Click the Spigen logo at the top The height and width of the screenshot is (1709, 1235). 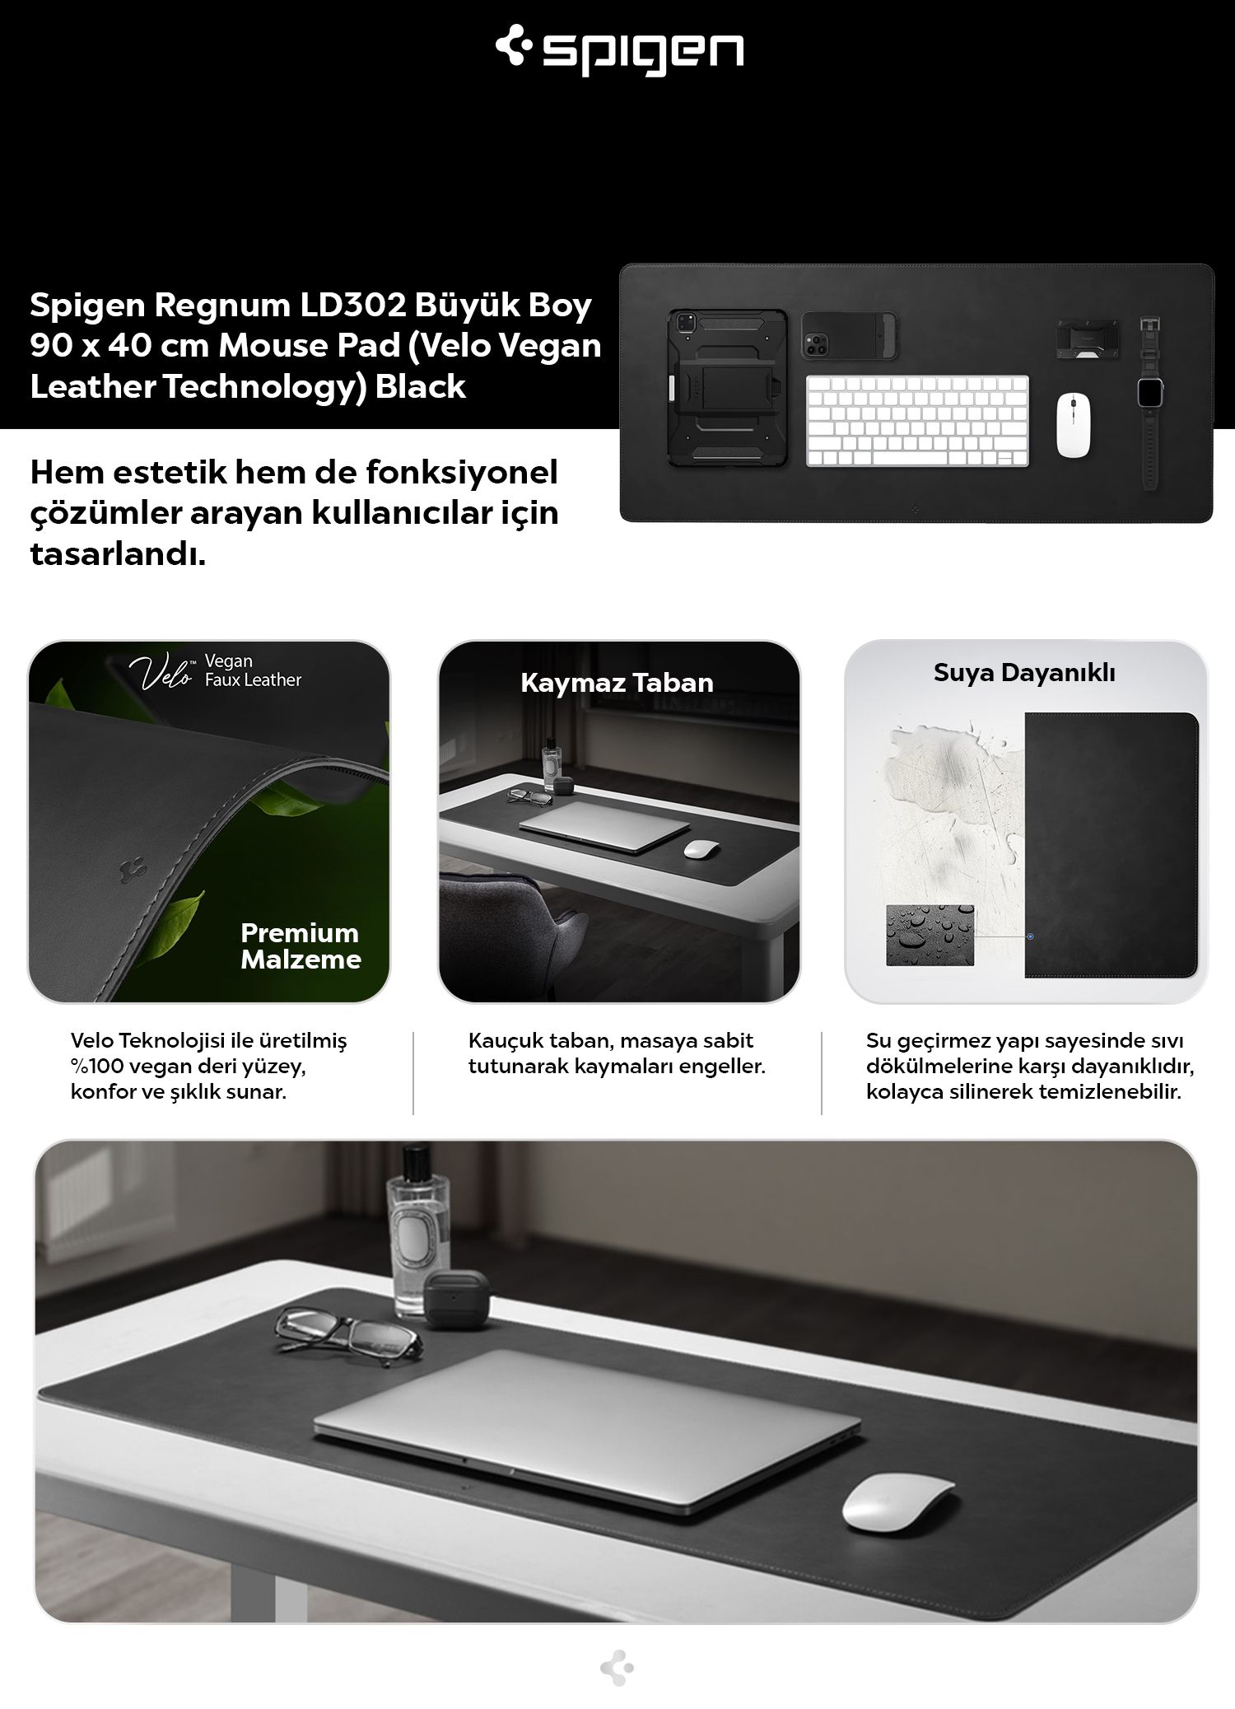tap(619, 52)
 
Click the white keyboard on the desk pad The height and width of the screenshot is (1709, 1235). tap(917, 421)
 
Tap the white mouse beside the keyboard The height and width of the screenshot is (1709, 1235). tap(1074, 425)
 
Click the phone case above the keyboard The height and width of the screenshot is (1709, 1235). tap(848, 336)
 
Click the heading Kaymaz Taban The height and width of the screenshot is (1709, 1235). tap(617, 683)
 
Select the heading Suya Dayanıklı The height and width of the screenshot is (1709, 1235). tap(1024, 673)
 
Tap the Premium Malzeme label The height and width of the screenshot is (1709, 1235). tap(301, 946)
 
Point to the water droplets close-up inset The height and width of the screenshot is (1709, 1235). tap(930, 936)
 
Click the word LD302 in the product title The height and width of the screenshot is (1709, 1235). tap(351, 305)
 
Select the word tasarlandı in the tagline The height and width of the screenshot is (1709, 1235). tap(118, 554)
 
